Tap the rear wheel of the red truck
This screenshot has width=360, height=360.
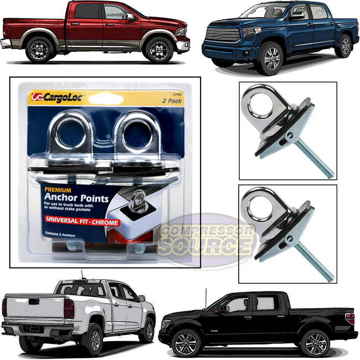(39, 49)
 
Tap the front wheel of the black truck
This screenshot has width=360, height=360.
(185, 343)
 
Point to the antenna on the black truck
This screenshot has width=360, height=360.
(206, 297)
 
